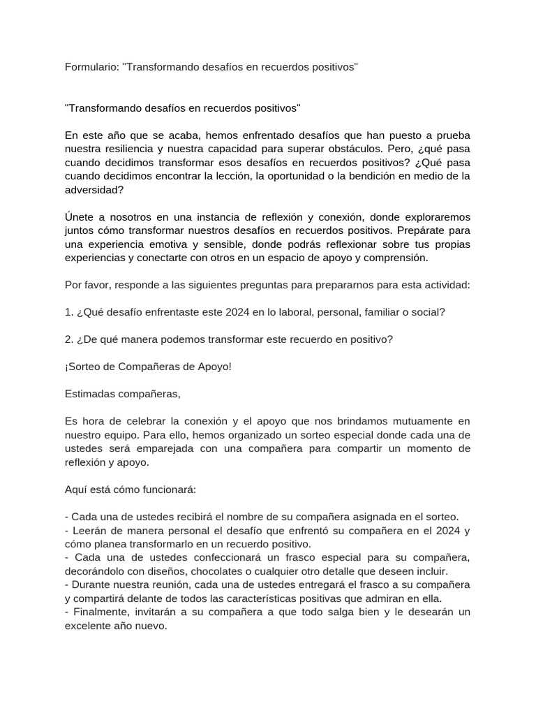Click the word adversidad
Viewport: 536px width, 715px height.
93,189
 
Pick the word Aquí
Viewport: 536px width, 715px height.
76,489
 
